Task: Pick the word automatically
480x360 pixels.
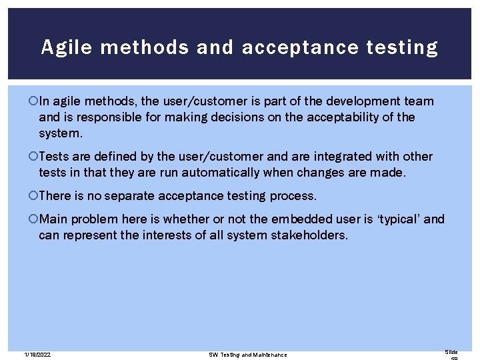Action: click(213, 172)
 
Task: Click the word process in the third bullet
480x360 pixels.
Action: click(294, 196)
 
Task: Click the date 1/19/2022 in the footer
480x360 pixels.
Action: click(37, 354)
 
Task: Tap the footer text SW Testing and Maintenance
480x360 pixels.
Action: click(248, 354)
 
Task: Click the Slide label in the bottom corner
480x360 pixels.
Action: click(451, 351)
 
